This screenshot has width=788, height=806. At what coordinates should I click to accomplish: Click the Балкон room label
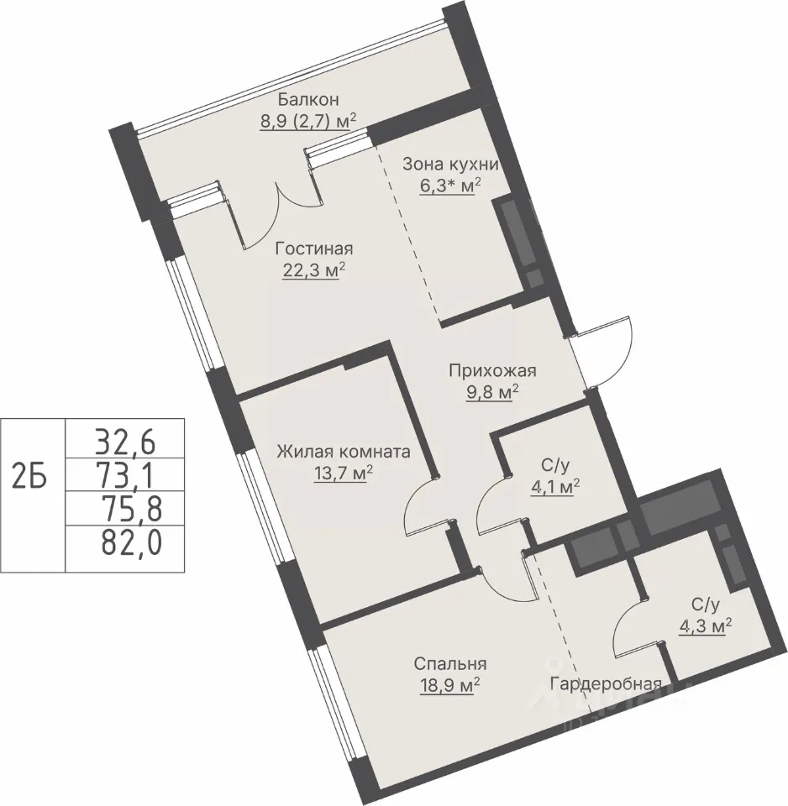point(308,99)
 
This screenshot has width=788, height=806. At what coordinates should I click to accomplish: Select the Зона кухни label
point(450,165)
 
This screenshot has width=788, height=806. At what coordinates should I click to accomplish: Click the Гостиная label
point(314,249)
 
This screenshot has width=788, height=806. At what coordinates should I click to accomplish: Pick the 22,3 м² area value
point(313,270)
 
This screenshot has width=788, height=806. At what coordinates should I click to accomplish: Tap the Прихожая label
point(493,370)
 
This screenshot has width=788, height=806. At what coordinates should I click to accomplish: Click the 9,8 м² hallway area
point(491,393)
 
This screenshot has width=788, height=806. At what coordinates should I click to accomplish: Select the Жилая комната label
point(344,452)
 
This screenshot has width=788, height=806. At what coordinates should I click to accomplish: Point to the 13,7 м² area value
point(343,473)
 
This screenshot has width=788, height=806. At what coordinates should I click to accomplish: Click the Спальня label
point(450,663)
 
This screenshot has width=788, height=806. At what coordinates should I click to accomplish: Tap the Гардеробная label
point(606,684)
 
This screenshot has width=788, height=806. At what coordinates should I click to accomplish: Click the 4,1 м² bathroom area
point(555,486)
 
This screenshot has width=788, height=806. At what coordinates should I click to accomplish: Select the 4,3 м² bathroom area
point(705,626)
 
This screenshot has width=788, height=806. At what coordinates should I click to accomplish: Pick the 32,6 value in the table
point(125,442)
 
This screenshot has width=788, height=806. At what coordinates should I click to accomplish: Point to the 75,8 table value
point(132,509)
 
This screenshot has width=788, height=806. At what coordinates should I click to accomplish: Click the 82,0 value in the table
point(132,543)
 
